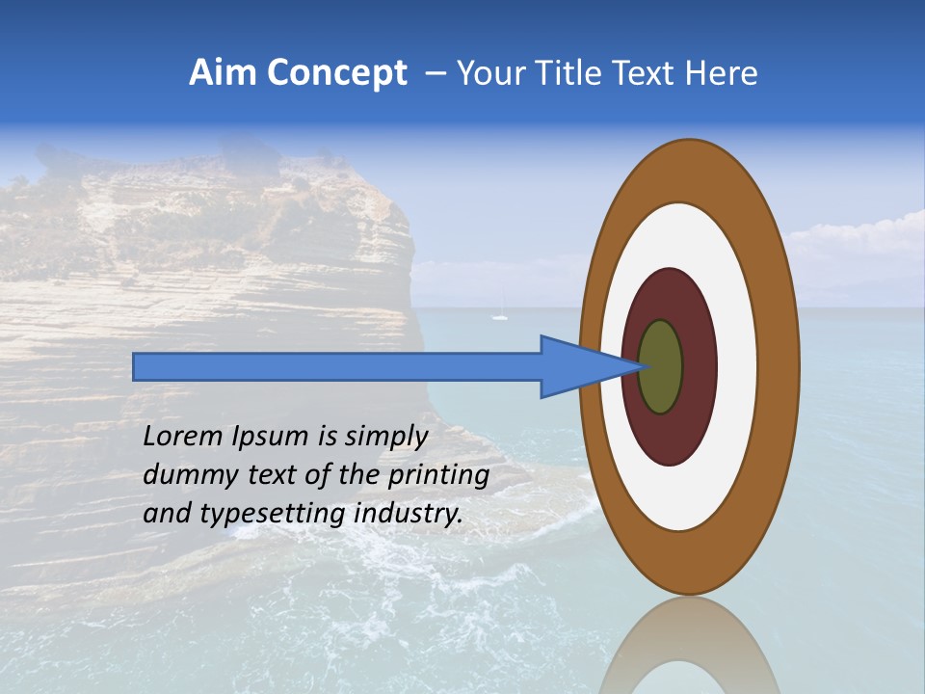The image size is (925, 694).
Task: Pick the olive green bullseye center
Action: [x=661, y=367]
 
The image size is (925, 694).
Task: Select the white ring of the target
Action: [x=736, y=367]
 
